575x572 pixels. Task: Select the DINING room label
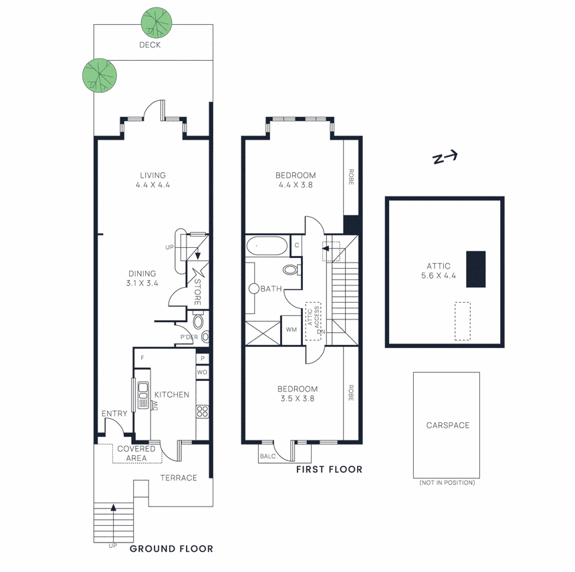(x=141, y=273)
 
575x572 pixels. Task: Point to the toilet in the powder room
(x=205, y=337)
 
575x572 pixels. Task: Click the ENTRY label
(x=114, y=414)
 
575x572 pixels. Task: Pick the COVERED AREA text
(x=136, y=454)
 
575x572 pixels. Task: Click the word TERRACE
(x=179, y=478)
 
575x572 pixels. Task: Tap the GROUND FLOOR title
(x=171, y=549)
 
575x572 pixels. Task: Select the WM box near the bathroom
(x=291, y=330)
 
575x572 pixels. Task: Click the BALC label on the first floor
(x=267, y=456)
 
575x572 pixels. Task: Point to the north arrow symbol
(x=445, y=158)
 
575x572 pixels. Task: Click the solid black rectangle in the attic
(x=475, y=269)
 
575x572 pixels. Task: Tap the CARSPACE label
(x=447, y=425)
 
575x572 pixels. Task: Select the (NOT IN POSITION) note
(x=447, y=482)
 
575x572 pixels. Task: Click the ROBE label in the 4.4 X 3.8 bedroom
(x=351, y=176)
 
